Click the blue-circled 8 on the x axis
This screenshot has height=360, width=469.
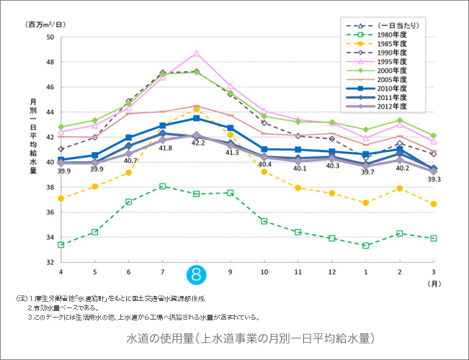tap(197, 273)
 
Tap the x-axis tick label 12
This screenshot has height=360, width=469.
tap(332, 271)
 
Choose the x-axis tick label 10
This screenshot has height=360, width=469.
tap(264, 271)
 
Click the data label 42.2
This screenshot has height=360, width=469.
tap(197, 143)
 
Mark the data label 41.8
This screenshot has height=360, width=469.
tap(165, 148)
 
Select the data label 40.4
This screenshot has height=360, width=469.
tap(264, 165)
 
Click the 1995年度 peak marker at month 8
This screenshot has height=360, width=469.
tap(197, 53)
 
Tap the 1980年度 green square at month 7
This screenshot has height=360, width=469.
tap(164, 186)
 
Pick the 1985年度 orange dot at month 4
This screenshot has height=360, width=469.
tap(61, 198)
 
